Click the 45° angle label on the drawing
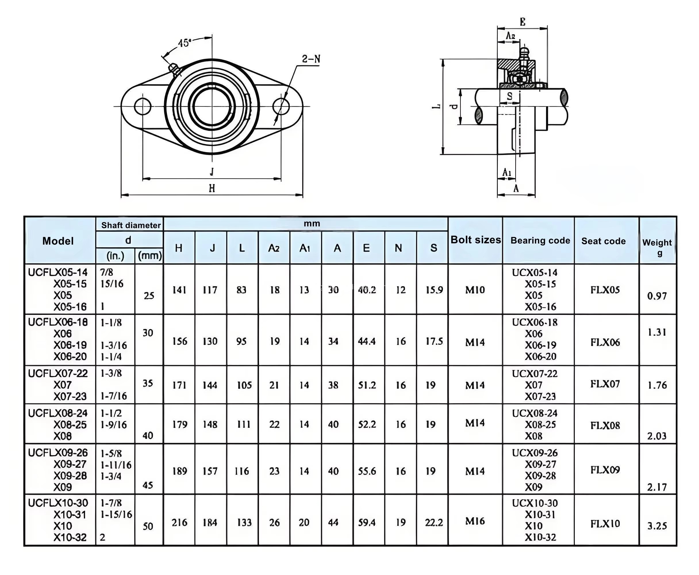click(x=185, y=43)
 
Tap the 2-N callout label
click(x=311, y=59)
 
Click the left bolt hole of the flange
click(x=143, y=106)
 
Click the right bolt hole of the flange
click(x=281, y=106)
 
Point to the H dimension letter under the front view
click(x=212, y=188)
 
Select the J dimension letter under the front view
click(x=212, y=172)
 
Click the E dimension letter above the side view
click(x=523, y=22)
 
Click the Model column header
click(x=58, y=241)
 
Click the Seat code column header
click(x=603, y=241)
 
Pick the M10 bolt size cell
click(x=475, y=290)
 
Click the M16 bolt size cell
click(x=475, y=521)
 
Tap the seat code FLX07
click(x=605, y=384)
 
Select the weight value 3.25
click(x=657, y=526)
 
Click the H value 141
click(x=179, y=290)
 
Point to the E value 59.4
click(x=367, y=522)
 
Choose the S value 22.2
click(x=434, y=522)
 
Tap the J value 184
click(x=210, y=523)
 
